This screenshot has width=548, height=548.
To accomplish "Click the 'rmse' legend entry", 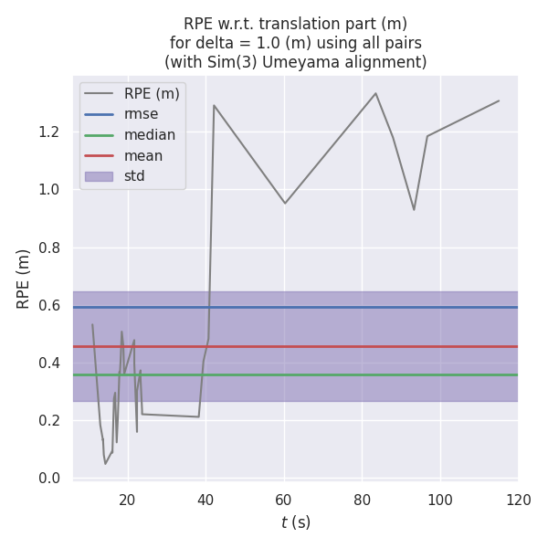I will click(141, 114).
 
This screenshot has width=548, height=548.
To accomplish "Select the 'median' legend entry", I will click(150, 135).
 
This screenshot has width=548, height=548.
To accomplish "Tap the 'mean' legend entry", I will click(143, 155).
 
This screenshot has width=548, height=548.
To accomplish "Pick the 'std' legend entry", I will click(134, 176).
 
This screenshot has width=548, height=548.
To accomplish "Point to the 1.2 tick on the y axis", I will click(48, 132).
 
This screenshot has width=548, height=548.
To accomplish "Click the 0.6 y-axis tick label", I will click(48, 305).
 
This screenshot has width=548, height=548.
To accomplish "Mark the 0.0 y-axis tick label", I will click(48, 479).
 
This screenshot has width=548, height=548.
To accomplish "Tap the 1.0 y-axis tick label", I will click(48, 190).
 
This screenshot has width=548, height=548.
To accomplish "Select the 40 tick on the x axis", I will click(205, 500).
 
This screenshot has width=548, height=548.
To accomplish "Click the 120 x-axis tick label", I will click(518, 500).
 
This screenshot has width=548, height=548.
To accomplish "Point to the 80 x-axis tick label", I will click(362, 500).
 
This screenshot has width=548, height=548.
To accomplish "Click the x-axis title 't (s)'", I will click(295, 522).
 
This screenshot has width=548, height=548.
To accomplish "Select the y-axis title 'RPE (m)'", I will click(24, 279).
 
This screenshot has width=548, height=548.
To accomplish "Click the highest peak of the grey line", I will click(375, 93).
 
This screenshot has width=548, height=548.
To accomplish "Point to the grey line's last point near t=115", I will click(499, 100).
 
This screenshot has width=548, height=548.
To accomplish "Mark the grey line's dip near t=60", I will click(285, 203).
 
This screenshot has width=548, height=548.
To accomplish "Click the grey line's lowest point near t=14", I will click(105, 463).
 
